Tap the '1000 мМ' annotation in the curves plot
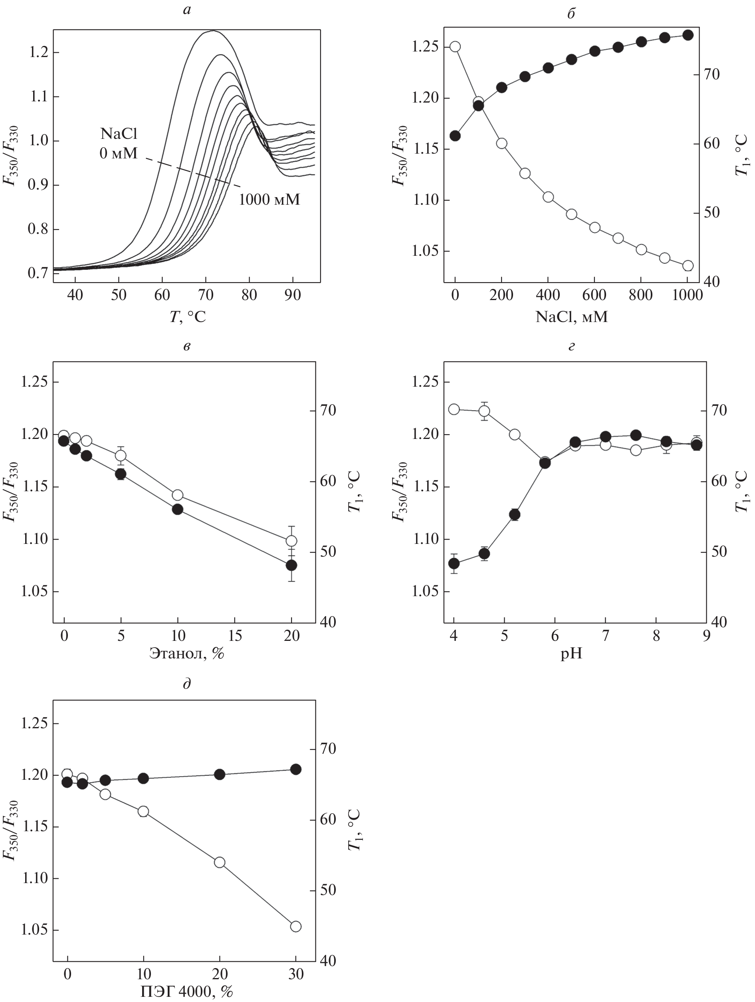(269, 199)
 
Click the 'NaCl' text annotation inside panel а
(119, 134)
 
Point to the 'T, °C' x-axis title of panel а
(187, 316)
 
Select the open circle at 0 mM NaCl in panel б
(455, 47)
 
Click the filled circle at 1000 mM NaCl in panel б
(688, 36)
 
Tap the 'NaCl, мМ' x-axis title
(571, 316)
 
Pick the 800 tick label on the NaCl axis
(641, 295)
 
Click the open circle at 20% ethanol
(291, 541)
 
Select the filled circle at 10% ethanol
(178, 509)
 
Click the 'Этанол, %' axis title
(187, 654)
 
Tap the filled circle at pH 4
(454, 563)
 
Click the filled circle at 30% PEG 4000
(295, 769)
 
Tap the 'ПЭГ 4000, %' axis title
(187, 992)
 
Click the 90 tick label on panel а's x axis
(292, 295)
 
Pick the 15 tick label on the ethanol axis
(235, 636)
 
